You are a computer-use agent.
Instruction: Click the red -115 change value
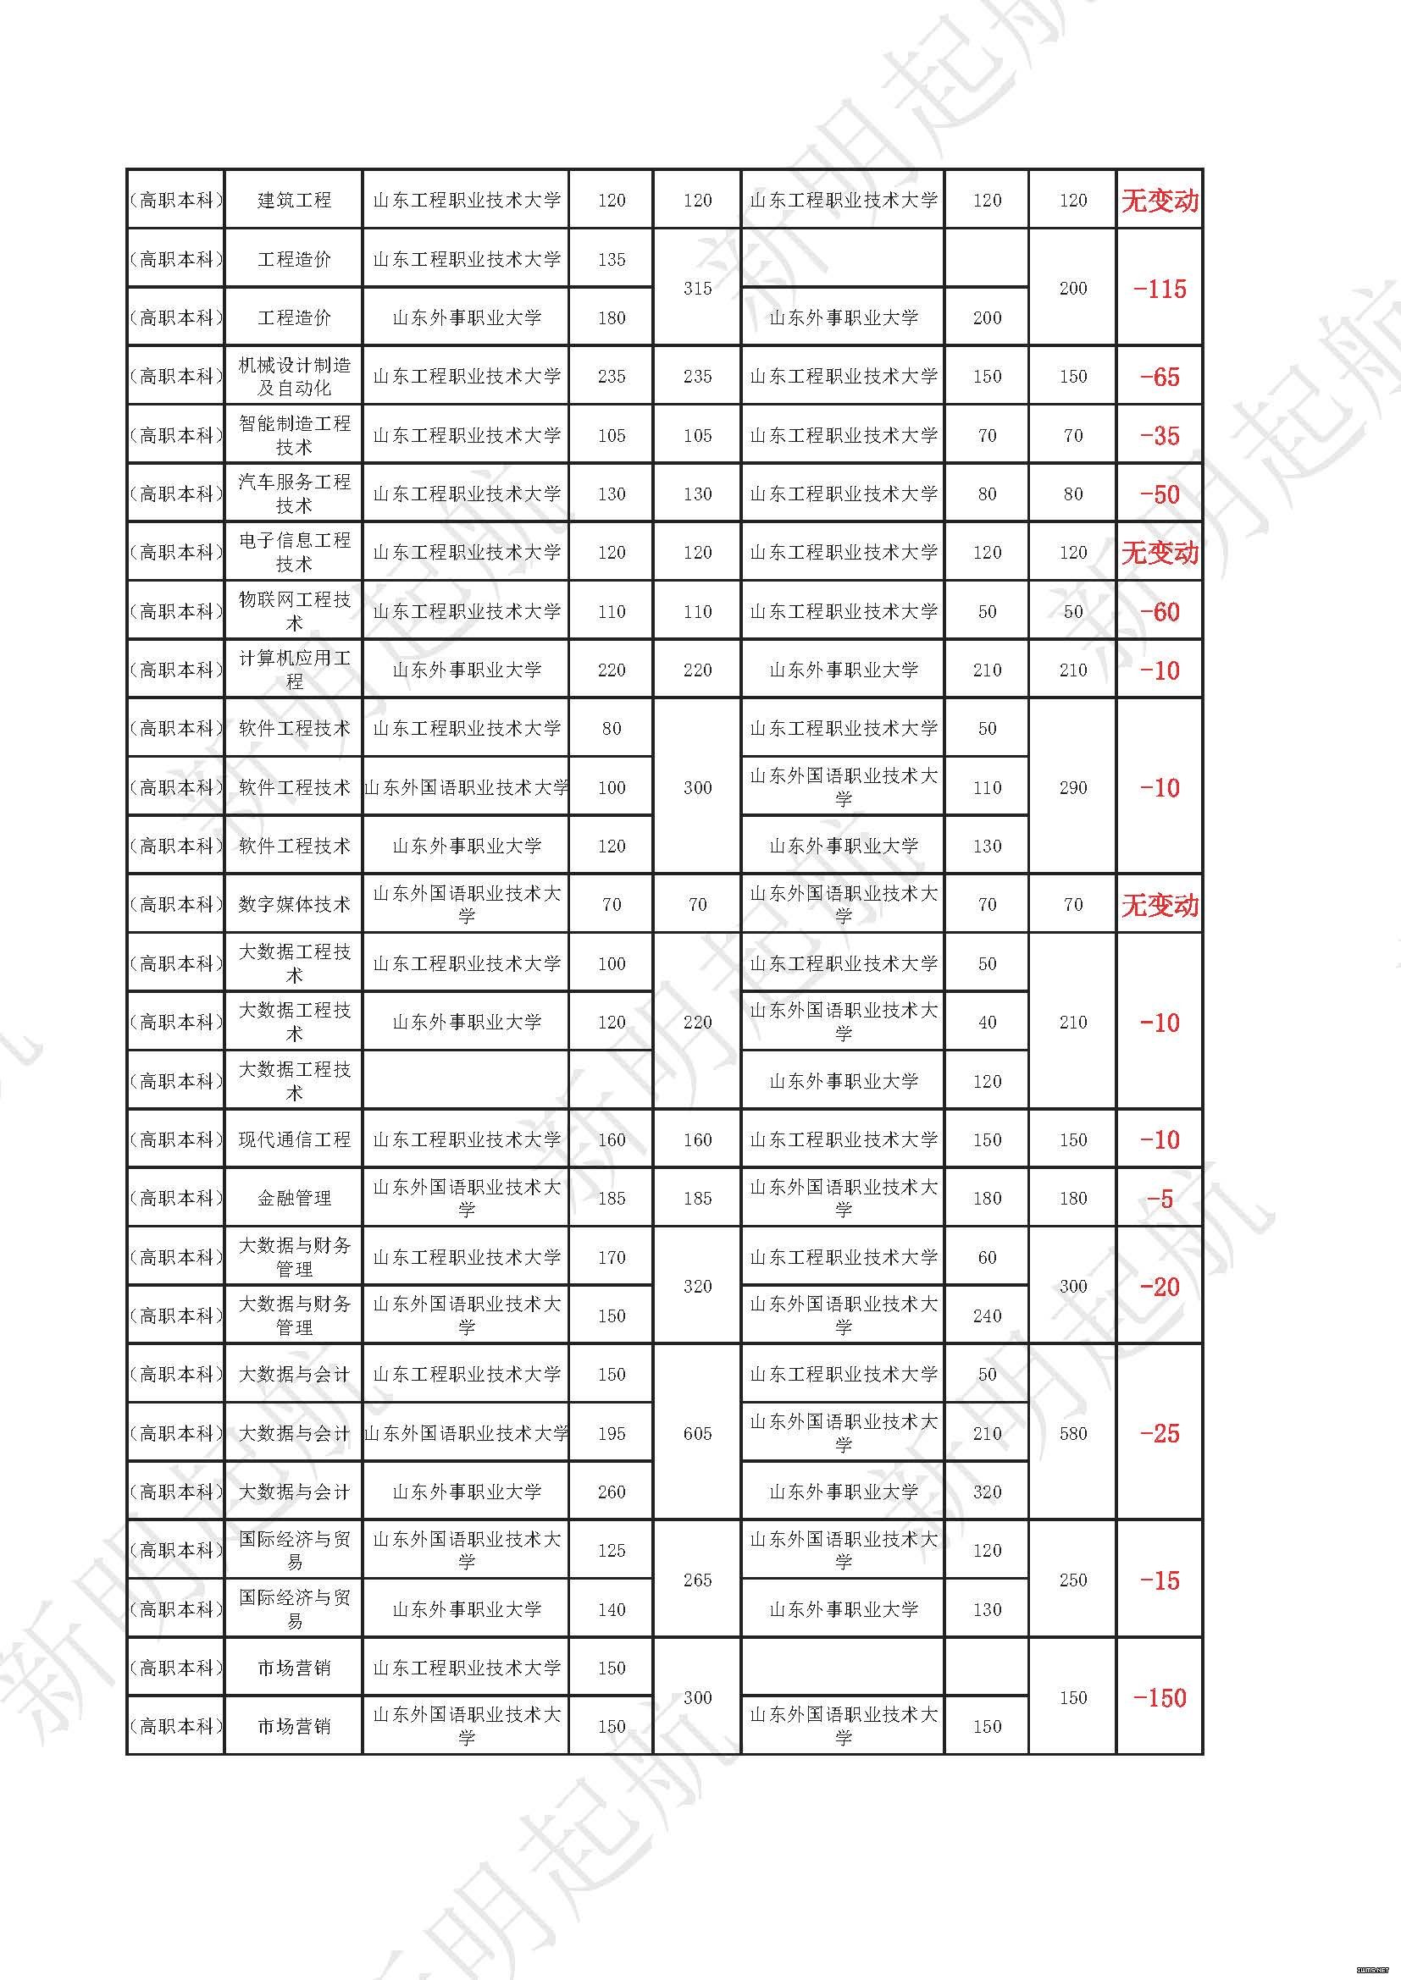1160,289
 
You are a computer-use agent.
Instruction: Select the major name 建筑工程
294,200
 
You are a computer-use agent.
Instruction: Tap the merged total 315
697,289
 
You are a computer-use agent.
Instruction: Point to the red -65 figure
1160,377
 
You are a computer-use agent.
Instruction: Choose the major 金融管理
294,1198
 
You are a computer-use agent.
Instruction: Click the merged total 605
697,1433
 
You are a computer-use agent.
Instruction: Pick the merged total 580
1072,1433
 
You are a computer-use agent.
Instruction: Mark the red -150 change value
1160,1697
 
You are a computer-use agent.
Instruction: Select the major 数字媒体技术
294,905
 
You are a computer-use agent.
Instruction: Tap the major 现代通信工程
294,1139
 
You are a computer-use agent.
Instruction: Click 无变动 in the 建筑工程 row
1160,201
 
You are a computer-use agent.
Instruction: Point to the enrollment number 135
611,260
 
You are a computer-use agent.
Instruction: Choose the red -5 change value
1160,1199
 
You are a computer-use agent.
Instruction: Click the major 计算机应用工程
294,670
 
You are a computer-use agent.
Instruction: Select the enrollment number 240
987,1316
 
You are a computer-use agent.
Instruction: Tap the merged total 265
697,1580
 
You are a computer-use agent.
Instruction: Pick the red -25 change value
1160,1433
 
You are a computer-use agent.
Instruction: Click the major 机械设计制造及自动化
294,377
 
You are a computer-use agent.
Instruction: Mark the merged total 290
1072,787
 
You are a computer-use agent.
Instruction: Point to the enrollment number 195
611,1433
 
